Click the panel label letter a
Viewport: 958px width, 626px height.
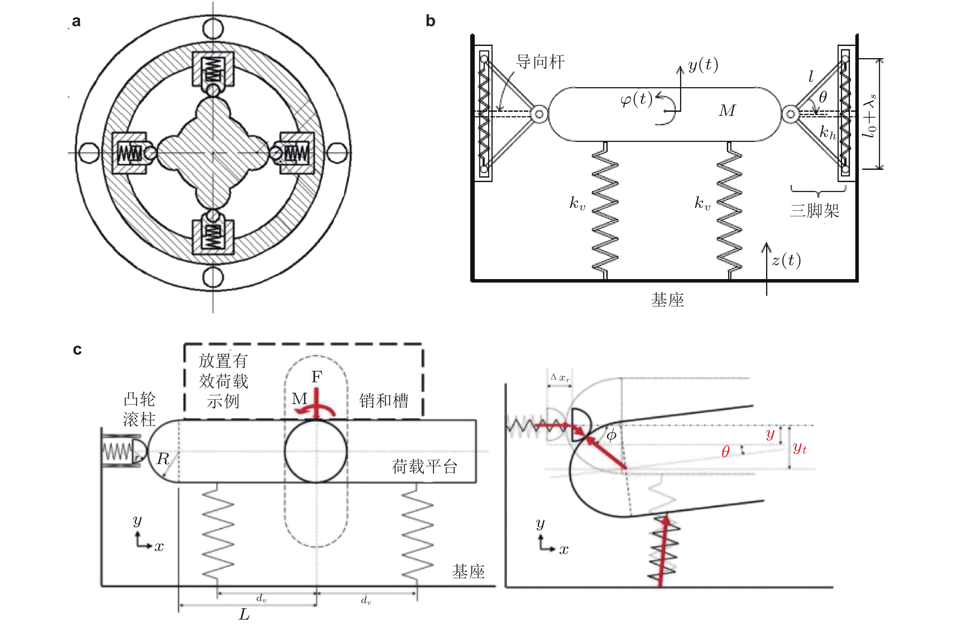(x=76, y=21)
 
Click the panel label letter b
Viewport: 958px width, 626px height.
(x=430, y=21)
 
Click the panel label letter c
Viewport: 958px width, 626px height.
(x=77, y=349)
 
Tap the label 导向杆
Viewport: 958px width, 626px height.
(x=540, y=62)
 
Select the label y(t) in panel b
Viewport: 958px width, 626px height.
(x=703, y=65)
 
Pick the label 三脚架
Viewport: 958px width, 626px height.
(x=815, y=210)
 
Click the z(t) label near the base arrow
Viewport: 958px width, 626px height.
(x=786, y=260)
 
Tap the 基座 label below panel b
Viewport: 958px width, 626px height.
(x=667, y=300)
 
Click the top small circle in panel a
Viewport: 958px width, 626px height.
(x=213, y=28)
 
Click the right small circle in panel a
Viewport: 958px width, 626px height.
(x=337, y=153)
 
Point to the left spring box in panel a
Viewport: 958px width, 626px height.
(x=129, y=153)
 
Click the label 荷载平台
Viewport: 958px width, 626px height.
(x=425, y=467)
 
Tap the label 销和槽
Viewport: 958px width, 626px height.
(x=384, y=401)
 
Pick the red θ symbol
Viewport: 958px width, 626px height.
(x=725, y=452)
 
